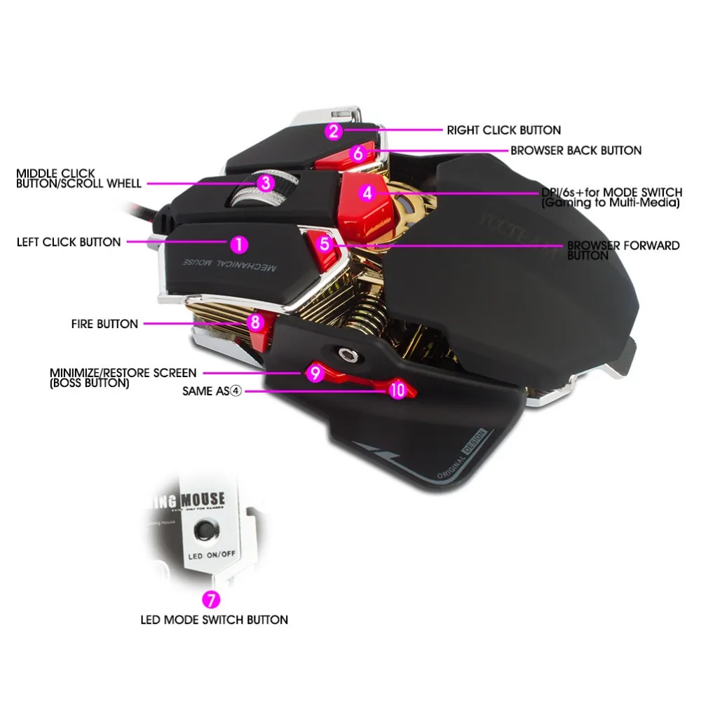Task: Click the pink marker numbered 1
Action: click(239, 244)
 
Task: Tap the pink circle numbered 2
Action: click(334, 130)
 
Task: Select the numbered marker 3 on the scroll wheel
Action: click(264, 183)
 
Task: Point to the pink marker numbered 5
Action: click(324, 244)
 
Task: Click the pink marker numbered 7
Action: click(210, 600)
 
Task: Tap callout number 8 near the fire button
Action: click(256, 322)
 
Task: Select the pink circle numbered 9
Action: click(315, 374)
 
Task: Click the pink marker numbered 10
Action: click(397, 390)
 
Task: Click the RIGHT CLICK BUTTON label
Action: click(503, 130)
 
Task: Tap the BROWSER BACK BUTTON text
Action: click(576, 150)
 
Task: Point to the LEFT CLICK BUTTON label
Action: click(69, 242)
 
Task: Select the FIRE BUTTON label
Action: click(104, 324)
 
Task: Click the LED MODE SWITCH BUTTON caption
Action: click(215, 620)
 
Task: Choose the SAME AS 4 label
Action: click(211, 391)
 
